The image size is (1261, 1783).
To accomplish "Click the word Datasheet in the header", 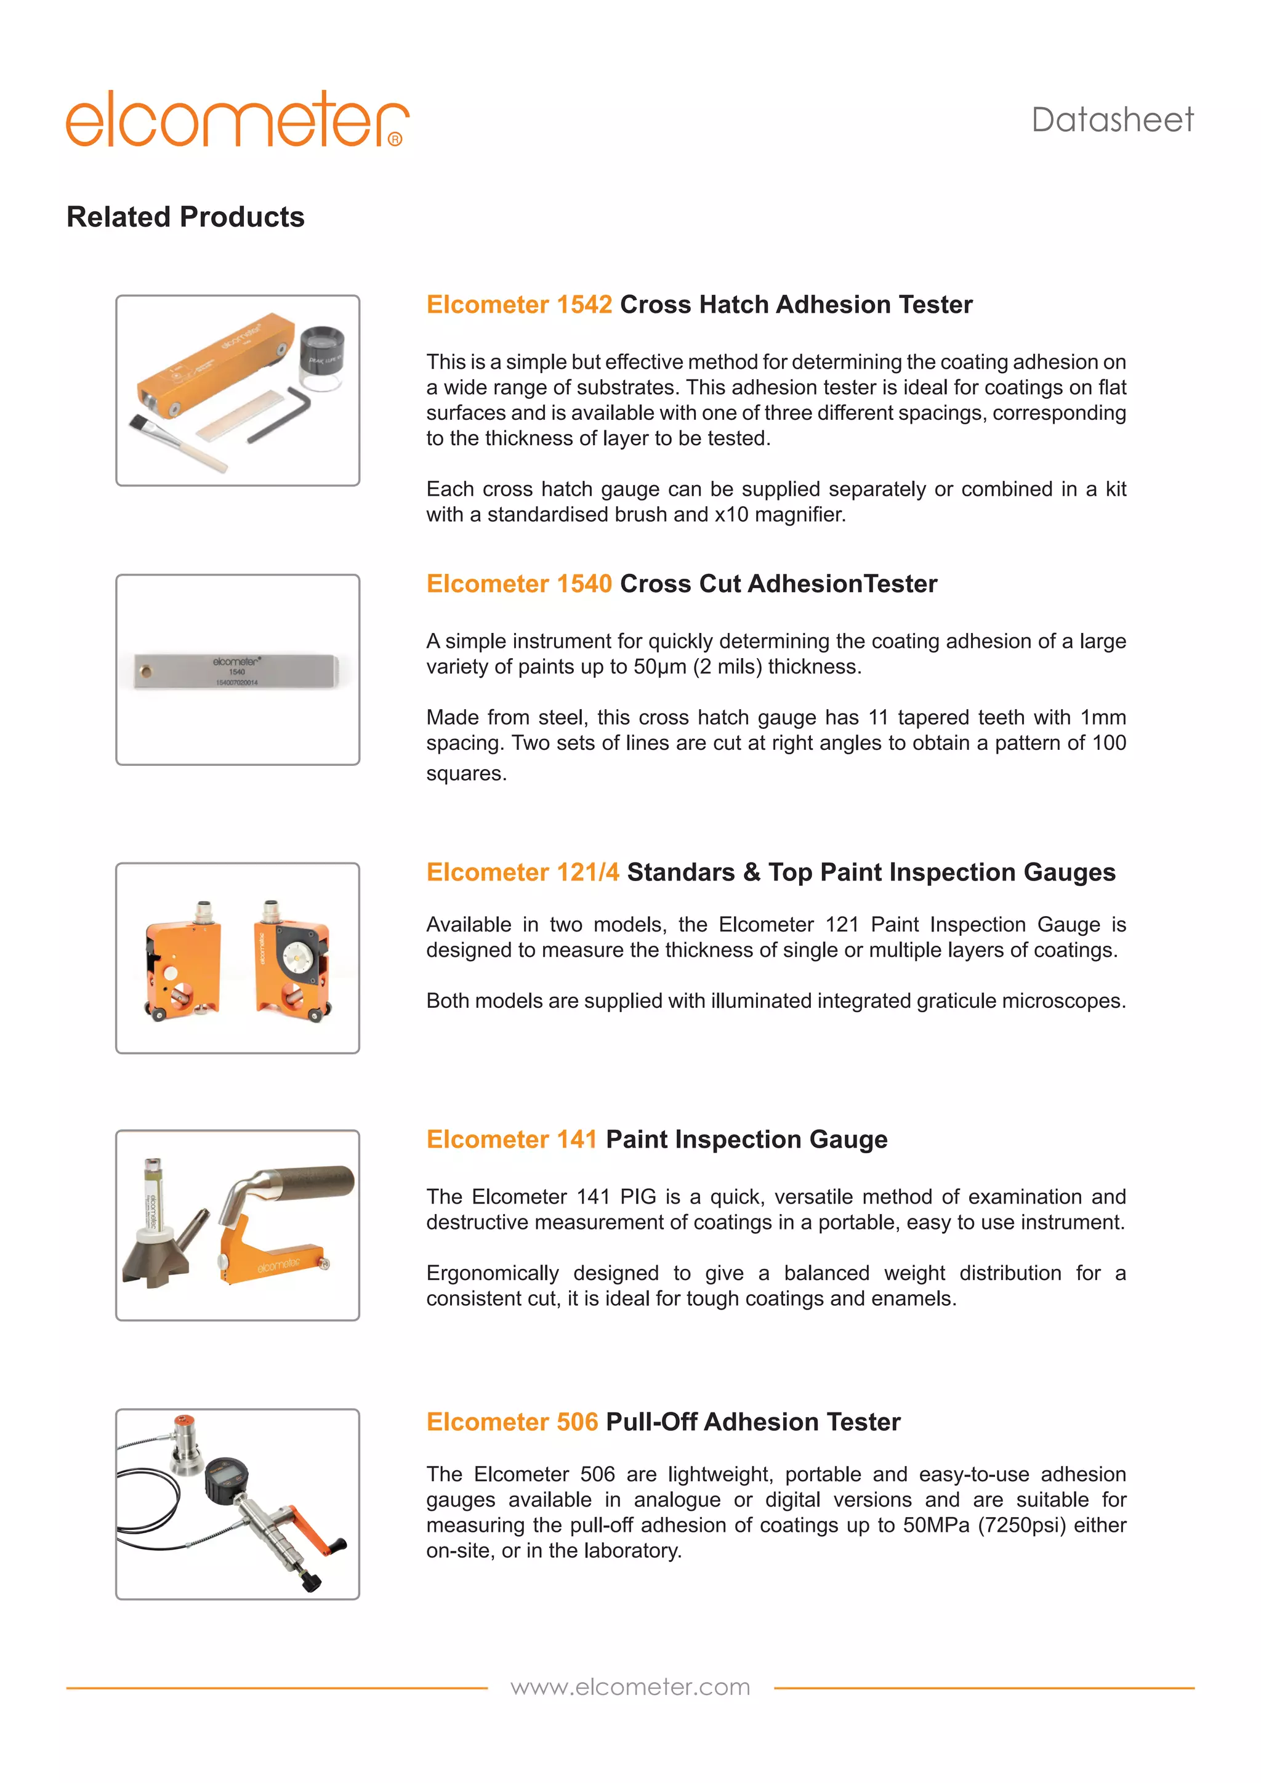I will [x=1112, y=121].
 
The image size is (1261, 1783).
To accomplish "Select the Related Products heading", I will [x=185, y=217].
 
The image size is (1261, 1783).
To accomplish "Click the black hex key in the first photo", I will [x=280, y=415].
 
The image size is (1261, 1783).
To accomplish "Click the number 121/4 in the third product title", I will [x=588, y=872].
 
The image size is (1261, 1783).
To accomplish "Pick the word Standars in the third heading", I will [x=680, y=872].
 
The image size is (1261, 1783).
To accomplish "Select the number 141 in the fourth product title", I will [x=576, y=1139].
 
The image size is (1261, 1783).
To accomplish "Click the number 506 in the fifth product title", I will [x=577, y=1422].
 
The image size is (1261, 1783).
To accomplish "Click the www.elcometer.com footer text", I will [x=630, y=1687].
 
